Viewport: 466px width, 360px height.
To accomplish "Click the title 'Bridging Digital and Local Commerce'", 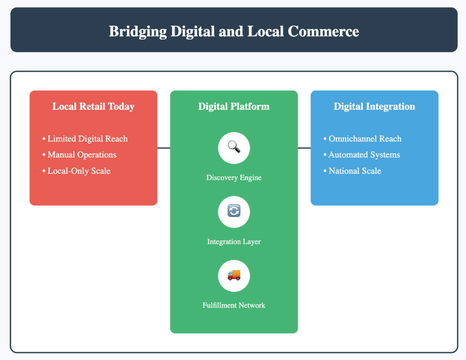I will (x=234, y=31).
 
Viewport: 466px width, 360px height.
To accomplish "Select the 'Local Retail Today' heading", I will (x=93, y=106).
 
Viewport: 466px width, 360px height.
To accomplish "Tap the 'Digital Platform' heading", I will (x=234, y=106).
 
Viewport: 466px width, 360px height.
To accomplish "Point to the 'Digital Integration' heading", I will (x=374, y=106).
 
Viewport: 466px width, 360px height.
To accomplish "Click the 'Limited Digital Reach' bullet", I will (x=87, y=139).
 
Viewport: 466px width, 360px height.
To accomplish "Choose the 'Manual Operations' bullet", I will (x=82, y=155).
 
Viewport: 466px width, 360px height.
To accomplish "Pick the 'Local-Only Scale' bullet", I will (x=79, y=171).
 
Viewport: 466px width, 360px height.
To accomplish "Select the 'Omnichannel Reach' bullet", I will (x=365, y=139).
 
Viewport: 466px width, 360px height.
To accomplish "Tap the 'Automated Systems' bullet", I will (x=364, y=155).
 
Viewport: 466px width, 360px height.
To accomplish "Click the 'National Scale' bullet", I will (x=355, y=171).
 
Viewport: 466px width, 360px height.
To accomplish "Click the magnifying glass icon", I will (x=234, y=148).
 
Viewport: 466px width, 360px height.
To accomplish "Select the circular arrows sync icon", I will (x=234, y=211).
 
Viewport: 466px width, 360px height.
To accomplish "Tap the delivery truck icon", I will (x=234, y=275).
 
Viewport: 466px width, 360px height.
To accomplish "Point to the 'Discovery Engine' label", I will (x=234, y=177).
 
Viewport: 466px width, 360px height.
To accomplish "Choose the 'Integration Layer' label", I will (x=234, y=242).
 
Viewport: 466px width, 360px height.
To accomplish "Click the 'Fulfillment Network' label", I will (x=234, y=305).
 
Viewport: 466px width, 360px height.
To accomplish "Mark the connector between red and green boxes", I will (x=163, y=148).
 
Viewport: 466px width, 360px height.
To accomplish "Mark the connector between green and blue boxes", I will (x=304, y=148).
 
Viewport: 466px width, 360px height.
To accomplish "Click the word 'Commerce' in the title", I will (x=323, y=31).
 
